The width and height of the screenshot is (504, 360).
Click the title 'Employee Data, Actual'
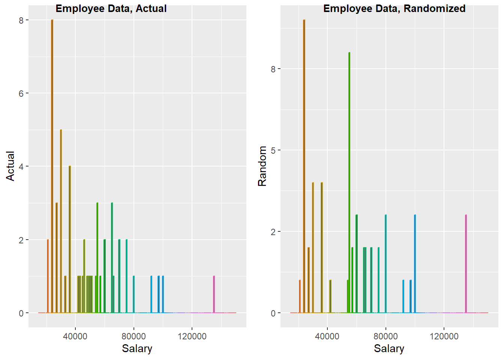tap(111, 8)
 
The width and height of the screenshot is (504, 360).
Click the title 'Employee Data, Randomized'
tap(394, 8)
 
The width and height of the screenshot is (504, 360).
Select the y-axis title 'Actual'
tap(10, 166)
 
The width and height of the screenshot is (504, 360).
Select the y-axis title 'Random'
tap(262, 166)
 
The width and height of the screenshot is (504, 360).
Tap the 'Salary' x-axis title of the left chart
tap(137, 348)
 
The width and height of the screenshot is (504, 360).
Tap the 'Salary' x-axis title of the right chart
tap(389, 348)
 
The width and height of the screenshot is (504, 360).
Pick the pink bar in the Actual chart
tap(214, 294)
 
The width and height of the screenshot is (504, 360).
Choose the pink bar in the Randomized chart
tap(466, 264)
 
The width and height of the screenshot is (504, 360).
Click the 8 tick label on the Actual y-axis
tap(21, 20)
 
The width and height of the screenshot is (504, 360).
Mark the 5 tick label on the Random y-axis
tap(273, 150)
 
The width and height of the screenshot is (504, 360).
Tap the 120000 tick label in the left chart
tap(192, 336)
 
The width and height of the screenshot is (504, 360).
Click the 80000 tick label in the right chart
tap(385, 336)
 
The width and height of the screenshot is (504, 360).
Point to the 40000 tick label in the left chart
tap(75, 336)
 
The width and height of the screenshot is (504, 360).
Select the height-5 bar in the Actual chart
tap(61, 221)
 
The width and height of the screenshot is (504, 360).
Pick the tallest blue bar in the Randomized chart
tap(415, 264)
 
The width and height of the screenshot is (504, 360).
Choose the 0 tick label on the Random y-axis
tap(273, 313)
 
